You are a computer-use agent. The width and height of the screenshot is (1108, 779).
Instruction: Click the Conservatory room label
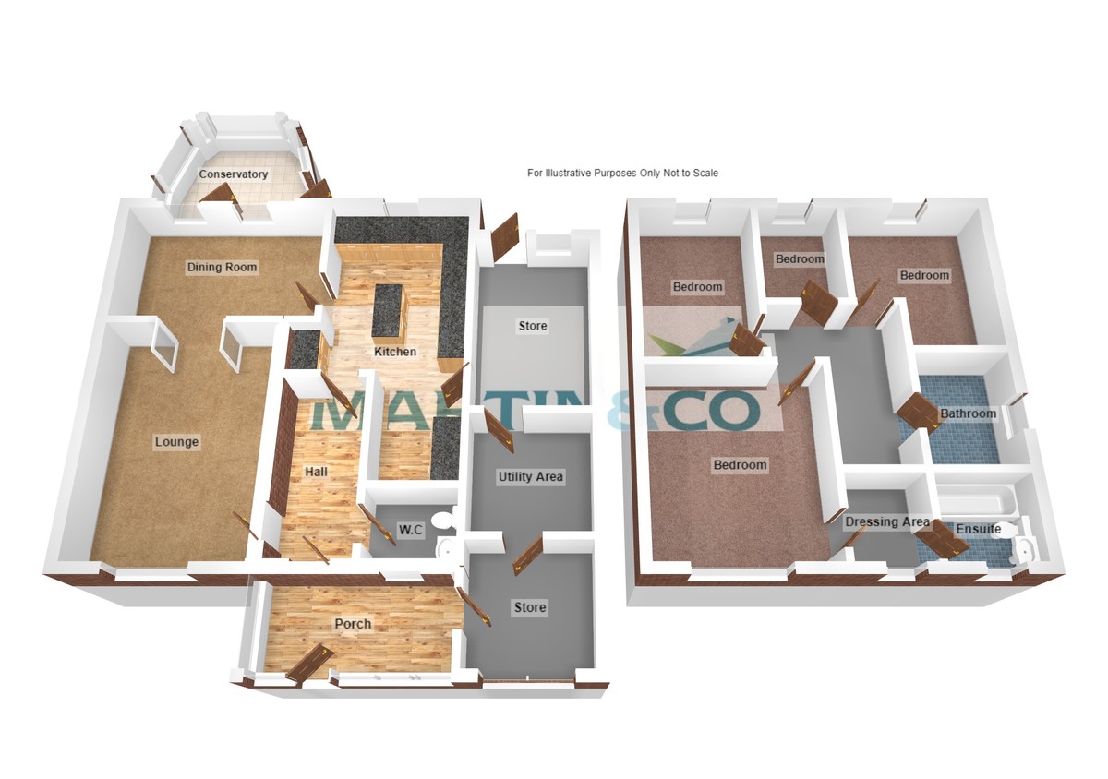tap(233, 174)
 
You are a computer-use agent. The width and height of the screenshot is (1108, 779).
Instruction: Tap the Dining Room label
tap(223, 268)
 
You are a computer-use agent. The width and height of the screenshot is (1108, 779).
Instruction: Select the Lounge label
tap(176, 442)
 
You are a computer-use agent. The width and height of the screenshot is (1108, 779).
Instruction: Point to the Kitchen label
tap(395, 352)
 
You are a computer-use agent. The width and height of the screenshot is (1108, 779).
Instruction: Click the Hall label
tap(316, 472)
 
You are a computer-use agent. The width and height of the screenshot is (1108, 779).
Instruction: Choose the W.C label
tap(411, 530)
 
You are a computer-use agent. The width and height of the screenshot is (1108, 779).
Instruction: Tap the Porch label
tap(353, 624)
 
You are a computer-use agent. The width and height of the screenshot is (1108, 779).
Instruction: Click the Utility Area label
tap(530, 477)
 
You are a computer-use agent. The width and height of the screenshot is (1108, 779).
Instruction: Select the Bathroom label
tap(968, 413)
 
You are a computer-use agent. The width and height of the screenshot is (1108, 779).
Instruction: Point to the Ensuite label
tap(979, 529)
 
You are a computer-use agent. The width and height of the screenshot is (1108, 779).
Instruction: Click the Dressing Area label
tap(887, 521)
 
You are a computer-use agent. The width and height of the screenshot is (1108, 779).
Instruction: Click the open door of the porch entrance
tap(310, 664)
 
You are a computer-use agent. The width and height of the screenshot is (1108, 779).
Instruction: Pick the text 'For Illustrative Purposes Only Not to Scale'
tap(622, 174)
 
